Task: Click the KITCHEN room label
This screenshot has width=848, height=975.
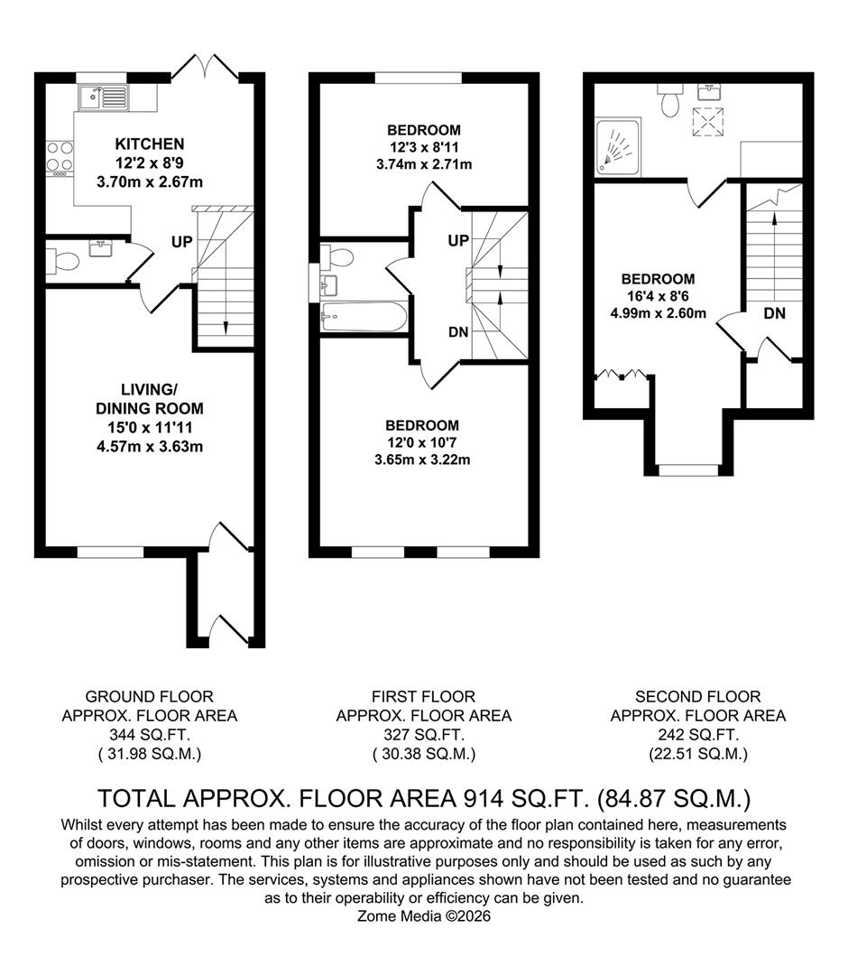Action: (150, 144)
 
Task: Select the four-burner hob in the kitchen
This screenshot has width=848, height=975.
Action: (60, 155)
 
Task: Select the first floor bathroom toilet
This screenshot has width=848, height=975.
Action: (341, 257)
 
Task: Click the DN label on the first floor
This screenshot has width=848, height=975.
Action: (458, 332)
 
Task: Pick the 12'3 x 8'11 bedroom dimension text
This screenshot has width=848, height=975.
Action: (423, 147)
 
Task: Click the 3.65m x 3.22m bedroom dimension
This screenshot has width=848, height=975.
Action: (422, 460)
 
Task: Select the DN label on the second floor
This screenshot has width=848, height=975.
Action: (774, 313)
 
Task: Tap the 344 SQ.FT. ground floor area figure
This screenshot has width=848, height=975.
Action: (149, 735)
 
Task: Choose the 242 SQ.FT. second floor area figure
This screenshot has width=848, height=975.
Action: (697, 735)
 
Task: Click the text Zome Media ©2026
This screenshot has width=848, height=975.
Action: (424, 916)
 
